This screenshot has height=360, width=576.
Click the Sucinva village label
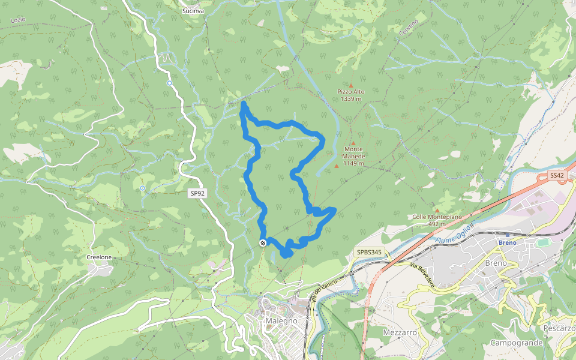click(x=193, y=11)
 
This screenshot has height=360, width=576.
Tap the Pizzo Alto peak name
click(x=350, y=92)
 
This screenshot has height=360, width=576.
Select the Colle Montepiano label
click(x=436, y=217)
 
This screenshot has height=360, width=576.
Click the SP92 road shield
click(x=197, y=193)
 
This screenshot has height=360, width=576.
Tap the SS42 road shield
click(x=557, y=176)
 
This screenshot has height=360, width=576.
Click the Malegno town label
click(x=280, y=321)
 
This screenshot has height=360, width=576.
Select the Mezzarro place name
click(x=400, y=332)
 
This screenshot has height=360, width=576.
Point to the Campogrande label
click(x=516, y=343)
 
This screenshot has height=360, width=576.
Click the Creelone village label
click(x=99, y=257)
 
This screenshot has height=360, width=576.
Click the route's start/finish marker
click(x=263, y=242)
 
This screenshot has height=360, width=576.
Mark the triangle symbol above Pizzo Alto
click(x=351, y=85)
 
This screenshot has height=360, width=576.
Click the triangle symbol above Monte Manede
click(x=354, y=142)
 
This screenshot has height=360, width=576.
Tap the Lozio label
click(x=19, y=20)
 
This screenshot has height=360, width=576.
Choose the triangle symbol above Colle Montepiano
click(x=436, y=210)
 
